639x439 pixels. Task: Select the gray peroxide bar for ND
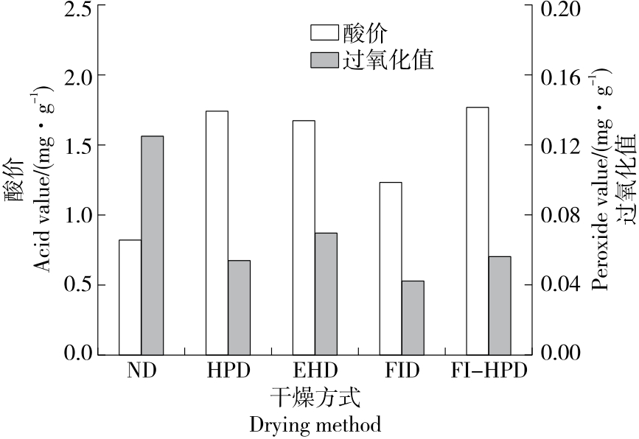[152, 245]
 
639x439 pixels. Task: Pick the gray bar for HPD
[239, 307]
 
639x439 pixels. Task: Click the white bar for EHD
[304, 237]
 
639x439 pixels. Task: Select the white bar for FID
[391, 268]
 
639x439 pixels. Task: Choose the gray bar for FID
[413, 317]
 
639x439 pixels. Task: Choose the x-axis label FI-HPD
[489, 370]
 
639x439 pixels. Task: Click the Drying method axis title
[315, 425]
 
